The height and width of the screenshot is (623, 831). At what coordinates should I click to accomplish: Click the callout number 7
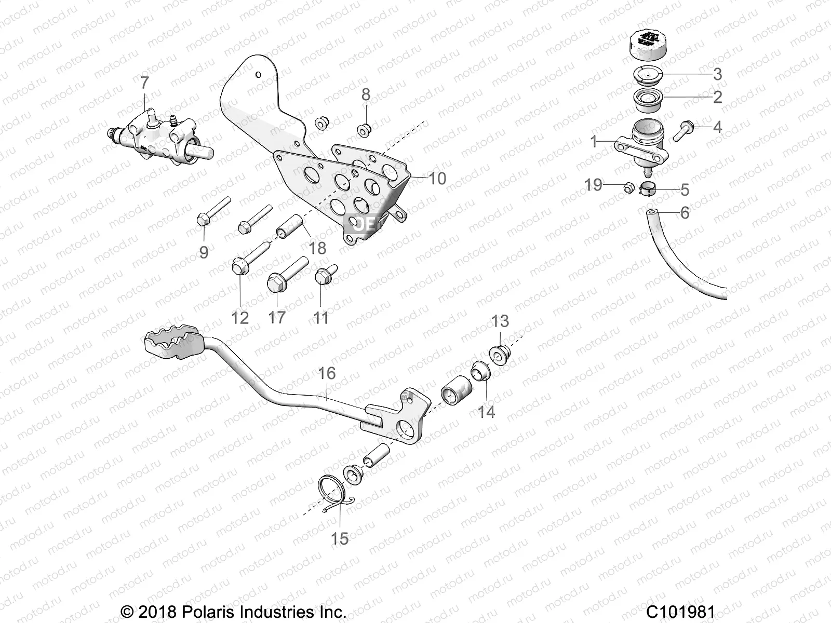point(144,83)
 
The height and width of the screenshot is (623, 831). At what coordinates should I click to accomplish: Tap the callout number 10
point(437,179)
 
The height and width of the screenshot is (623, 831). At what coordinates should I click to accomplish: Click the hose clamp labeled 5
point(647,189)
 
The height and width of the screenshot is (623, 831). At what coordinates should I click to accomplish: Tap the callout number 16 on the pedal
point(327,373)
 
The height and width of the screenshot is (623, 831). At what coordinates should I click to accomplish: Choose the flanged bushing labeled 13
point(501,354)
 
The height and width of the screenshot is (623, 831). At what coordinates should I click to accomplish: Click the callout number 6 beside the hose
point(685,212)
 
